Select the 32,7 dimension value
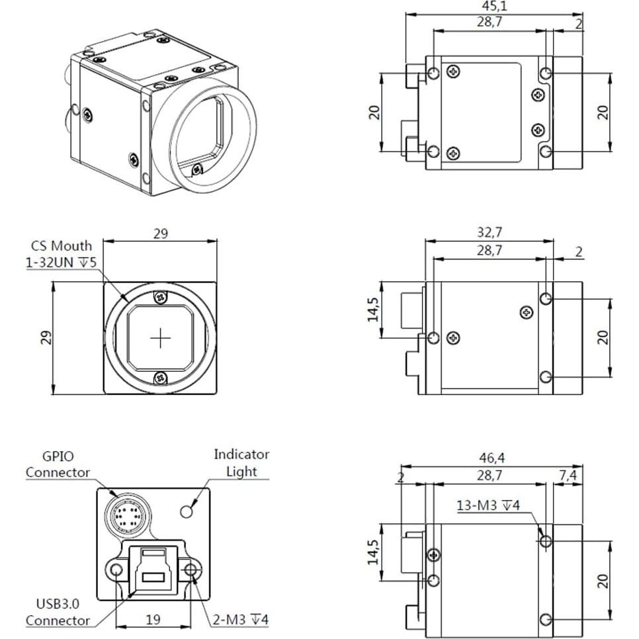pyautogui.click(x=490, y=232)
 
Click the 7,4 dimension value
pyautogui.click(x=568, y=475)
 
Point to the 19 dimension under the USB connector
pyautogui.click(x=153, y=619)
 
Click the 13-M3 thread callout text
pyautogui.click(x=488, y=505)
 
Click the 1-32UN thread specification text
pyautogui.click(x=61, y=263)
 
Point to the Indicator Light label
pyautogui.click(x=241, y=462)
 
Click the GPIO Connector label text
pyautogui.click(x=58, y=464)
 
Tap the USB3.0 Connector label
pyautogui.click(x=58, y=612)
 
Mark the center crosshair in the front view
pyautogui.click(x=161, y=339)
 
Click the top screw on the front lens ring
pyautogui.click(x=160, y=298)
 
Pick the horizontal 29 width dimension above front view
pyautogui.click(x=161, y=234)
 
